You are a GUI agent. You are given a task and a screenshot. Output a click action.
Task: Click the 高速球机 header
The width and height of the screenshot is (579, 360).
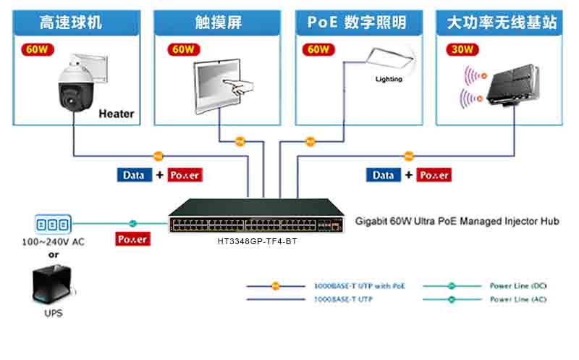pyautogui.click(x=70, y=22)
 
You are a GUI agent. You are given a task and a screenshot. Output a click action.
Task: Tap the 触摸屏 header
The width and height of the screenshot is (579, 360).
pyautogui.click(x=211, y=22)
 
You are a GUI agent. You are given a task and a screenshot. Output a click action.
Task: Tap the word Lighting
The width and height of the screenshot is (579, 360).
pyautogui.click(x=389, y=80)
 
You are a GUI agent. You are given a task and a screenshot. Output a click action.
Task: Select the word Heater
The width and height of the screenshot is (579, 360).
pyautogui.click(x=116, y=114)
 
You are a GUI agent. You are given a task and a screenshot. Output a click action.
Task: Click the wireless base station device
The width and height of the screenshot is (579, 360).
pyautogui.click(x=512, y=85)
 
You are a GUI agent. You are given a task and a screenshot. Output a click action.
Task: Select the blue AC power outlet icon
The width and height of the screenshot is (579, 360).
pyautogui.click(x=54, y=224)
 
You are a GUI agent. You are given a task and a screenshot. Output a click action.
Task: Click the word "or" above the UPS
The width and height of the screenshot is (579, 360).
pyautogui.click(x=54, y=254)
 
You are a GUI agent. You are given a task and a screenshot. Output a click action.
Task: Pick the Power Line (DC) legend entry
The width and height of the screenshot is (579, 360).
pyautogui.click(x=517, y=286)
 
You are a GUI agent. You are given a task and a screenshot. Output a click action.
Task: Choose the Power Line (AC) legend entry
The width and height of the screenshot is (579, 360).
pyautogui.click(x=517, y=299)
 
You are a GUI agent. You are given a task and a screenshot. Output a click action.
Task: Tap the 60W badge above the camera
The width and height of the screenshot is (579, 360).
pyautogui.click(x=36, y=50)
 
